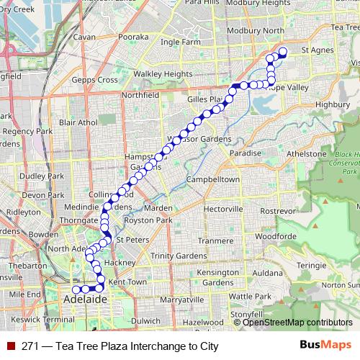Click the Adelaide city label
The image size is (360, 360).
pyautogui.click(x=85, y=298)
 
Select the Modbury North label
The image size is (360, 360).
pyautogui.click(x=253, y=31)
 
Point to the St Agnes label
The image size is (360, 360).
pyautogui.click(x=315, y=50)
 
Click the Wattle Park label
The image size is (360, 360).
pyautogui.click(x=249, y=296)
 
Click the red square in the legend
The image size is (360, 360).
pyautogui.click(x=11, y=346)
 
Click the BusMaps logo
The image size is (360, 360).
pyautogui.click(x=325, y=345)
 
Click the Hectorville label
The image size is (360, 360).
pyautogui.click(x=225, y=208)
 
